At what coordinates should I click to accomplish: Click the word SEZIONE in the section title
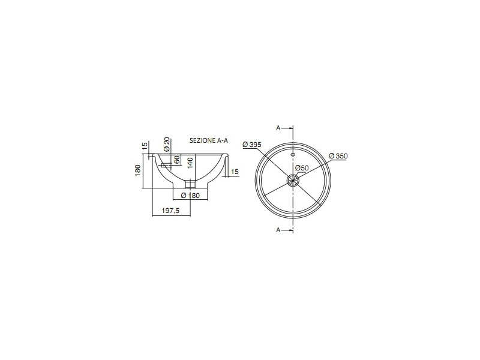click(x=203, y=140)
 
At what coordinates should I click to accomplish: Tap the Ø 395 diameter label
click(x=252, y=145)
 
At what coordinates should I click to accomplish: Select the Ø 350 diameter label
click(x=338, y=156)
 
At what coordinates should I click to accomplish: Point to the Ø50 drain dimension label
click(x=302, y=168)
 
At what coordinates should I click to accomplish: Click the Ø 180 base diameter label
click(x=190, y=196)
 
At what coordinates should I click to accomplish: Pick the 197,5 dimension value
click(x=170, y=211)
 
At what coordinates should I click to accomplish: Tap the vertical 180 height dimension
click(x=137, y=170)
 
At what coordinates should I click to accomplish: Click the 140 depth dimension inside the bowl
click(x=190, y=164)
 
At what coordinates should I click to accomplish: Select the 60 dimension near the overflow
click(x=176, y=160)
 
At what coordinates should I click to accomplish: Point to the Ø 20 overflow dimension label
click(x=167, y=144)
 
